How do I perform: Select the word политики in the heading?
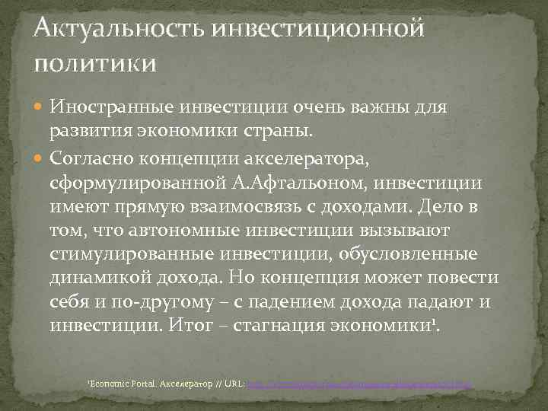94,62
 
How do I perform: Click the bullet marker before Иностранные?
41,107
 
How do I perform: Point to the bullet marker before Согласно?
41,161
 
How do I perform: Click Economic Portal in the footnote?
119,386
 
